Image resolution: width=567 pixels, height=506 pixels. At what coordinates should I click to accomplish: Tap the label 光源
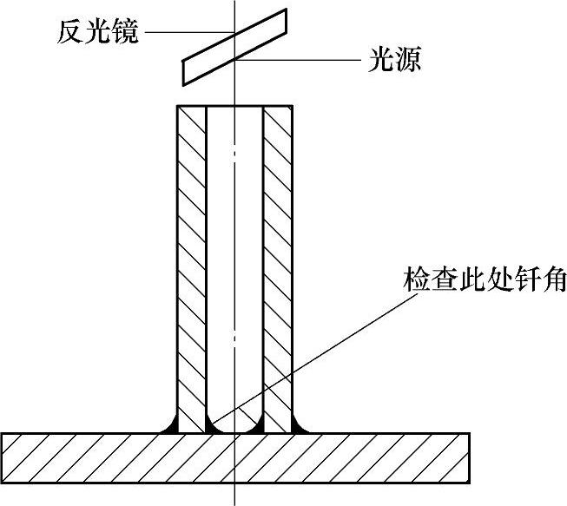tap(390, 62)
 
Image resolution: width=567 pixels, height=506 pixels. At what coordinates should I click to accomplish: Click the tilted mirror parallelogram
tap(235, 47)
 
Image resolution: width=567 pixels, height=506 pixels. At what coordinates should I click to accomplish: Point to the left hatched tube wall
tap(191, 260)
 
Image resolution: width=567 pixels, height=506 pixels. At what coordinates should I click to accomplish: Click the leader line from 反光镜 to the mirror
tap(187, 34)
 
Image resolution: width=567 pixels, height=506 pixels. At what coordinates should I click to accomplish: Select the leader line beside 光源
tap(300, 62)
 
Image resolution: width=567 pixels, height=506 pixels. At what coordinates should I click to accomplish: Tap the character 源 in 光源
tap(405, 62)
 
